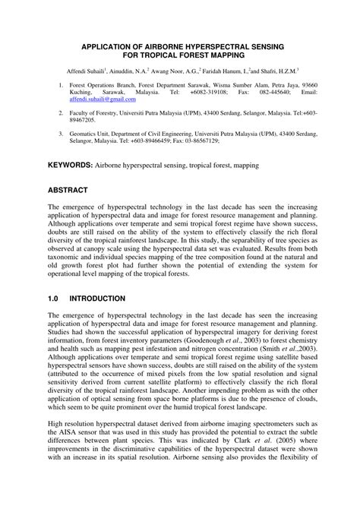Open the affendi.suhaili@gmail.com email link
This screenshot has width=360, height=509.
click(x=103, y=99)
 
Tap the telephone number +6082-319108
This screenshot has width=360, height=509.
click(x=199, y=92)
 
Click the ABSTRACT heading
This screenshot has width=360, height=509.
click(x=73, y=189)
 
